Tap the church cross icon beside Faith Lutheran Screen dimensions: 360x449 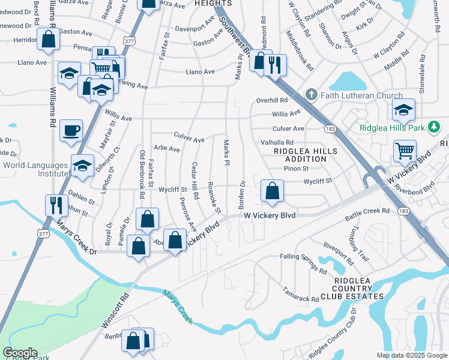point(311,95)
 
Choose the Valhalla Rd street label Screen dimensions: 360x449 point(277,142)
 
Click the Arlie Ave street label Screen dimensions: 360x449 point(167,148)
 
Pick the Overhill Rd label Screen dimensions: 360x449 point(273,100)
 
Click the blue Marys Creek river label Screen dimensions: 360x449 point(178,307)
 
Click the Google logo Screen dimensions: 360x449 point(20,353)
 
